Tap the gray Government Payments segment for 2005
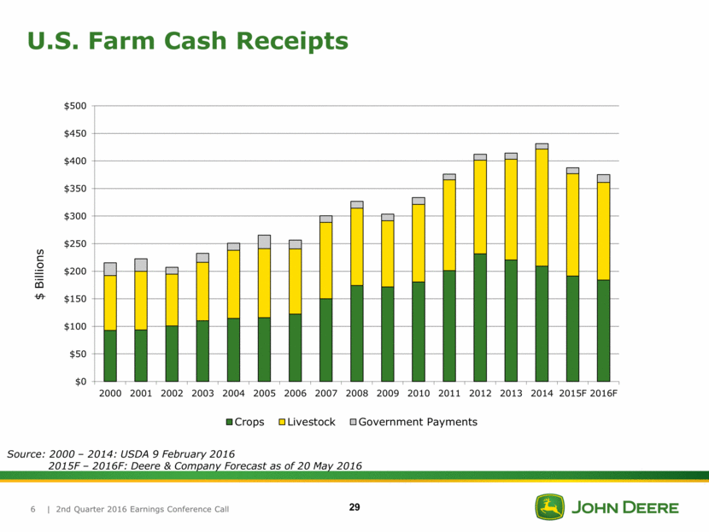coord(264,242)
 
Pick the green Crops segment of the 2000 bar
coord(110,355)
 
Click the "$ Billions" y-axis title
coord(40,275)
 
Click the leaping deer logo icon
coord(550,507)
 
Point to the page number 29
coord(354,508)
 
